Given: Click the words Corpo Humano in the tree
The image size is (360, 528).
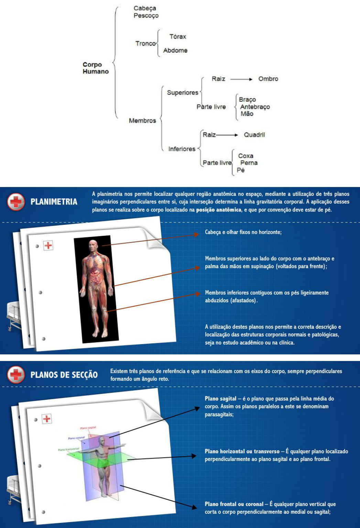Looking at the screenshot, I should (95, 68).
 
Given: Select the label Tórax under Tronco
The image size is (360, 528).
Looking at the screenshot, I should (177, 36).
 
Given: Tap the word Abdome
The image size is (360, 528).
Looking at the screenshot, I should (175, 51).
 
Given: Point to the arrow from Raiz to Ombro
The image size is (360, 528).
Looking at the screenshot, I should (241, 79).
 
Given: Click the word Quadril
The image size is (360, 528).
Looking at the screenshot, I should (254, 135).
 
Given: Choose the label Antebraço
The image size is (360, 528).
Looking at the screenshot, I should (255, 107).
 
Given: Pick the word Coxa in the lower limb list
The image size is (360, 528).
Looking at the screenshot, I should (246, 156).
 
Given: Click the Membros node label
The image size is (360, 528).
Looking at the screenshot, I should (142, 121).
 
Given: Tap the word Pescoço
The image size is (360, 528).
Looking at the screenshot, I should (146, 16).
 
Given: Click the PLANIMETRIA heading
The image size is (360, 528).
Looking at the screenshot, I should (54, 202).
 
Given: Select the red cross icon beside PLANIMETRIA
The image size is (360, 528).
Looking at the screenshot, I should (16, 202).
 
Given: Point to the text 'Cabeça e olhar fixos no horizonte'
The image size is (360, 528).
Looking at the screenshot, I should (243, 232).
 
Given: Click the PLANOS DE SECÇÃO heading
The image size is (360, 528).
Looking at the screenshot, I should (64, 375).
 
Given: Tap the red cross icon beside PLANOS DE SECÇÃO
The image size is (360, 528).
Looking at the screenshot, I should (16, 375).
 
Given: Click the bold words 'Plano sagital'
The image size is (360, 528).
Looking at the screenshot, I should (220, 399).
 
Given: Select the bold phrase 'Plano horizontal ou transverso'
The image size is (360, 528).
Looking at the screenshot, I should (242, 451).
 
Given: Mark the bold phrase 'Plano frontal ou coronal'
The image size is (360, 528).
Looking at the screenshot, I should (234, 504).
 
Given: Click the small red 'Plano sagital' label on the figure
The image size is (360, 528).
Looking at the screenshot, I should (88, 428).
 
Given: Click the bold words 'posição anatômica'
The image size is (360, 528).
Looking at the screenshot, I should (219, 210).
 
